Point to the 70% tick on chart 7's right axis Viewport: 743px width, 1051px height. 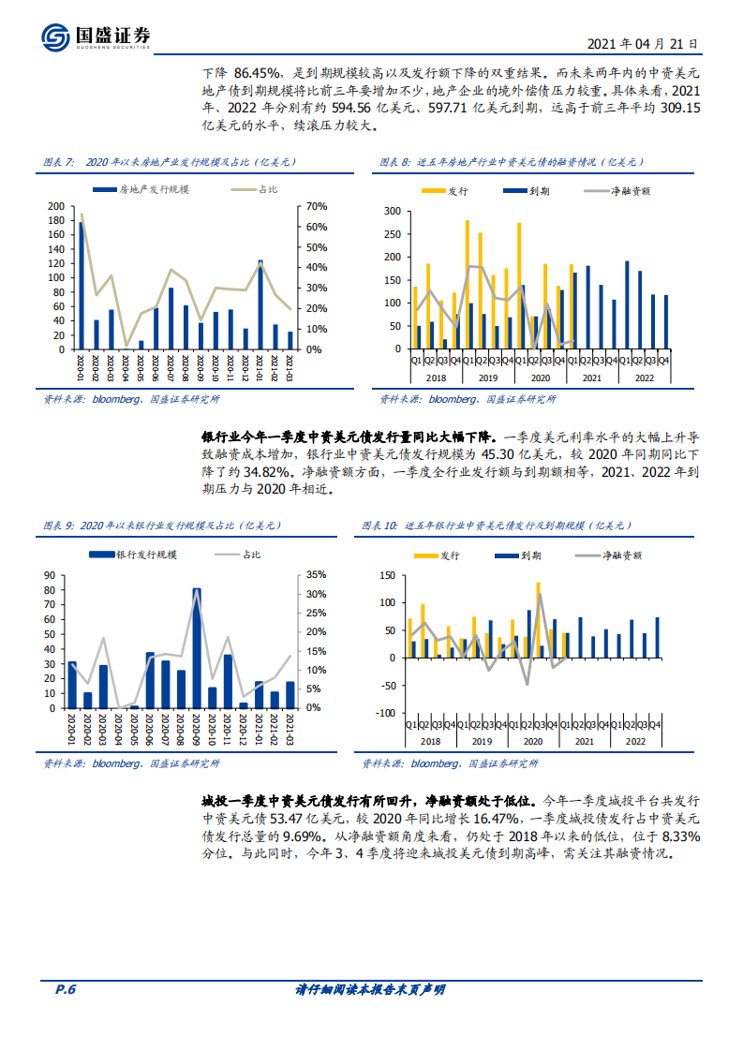click(314, 206)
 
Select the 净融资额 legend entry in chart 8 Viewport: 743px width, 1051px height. click(630, 190)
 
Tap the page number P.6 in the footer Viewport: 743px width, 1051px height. click(66, 989)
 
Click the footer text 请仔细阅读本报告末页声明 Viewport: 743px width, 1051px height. click(370, 990)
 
